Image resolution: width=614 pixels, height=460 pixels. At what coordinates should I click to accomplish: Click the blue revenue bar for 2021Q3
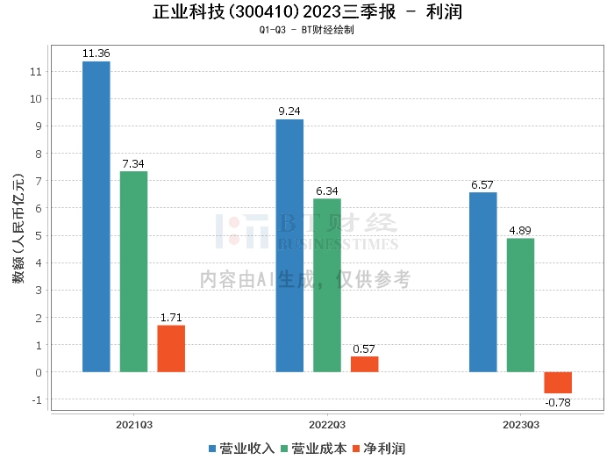coord(96,217)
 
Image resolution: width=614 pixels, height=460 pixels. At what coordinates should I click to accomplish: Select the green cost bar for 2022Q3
coord(327,285)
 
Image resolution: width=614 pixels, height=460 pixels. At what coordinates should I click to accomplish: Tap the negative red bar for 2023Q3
coord(558,383)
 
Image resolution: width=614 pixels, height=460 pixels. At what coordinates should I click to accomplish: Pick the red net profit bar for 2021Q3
coord(171,349)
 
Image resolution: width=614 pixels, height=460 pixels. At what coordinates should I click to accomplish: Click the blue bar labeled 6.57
coord(483,282)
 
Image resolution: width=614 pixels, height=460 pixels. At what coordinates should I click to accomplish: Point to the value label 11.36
coord(96,54)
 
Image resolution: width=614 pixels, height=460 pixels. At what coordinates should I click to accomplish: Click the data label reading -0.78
coord(558,403)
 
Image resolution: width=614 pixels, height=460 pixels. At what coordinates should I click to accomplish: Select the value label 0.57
coord(364,349)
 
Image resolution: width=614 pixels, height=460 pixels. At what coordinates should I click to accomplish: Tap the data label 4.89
coord(520,230)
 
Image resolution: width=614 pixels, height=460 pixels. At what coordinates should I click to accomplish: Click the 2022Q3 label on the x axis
coord(327,425)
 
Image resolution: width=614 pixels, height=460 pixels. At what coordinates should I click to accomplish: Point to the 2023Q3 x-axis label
coord(521,425)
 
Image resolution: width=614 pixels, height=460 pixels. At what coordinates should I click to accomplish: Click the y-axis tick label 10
coord(36,98)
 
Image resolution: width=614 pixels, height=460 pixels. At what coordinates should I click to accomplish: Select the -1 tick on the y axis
coord(37,399)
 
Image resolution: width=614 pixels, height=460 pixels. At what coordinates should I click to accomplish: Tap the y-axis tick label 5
coord(39,236)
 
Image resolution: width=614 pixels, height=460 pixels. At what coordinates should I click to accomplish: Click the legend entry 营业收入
coord(241,449)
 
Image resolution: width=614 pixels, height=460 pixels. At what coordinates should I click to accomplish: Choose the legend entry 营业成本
coord(314,449)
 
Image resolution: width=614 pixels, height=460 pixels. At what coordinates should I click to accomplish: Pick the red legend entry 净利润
coord(379,449)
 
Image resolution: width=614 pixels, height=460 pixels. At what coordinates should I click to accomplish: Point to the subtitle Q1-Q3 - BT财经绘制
coord(307,30)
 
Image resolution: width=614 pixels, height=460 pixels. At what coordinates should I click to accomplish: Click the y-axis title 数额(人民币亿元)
coord(18,228)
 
